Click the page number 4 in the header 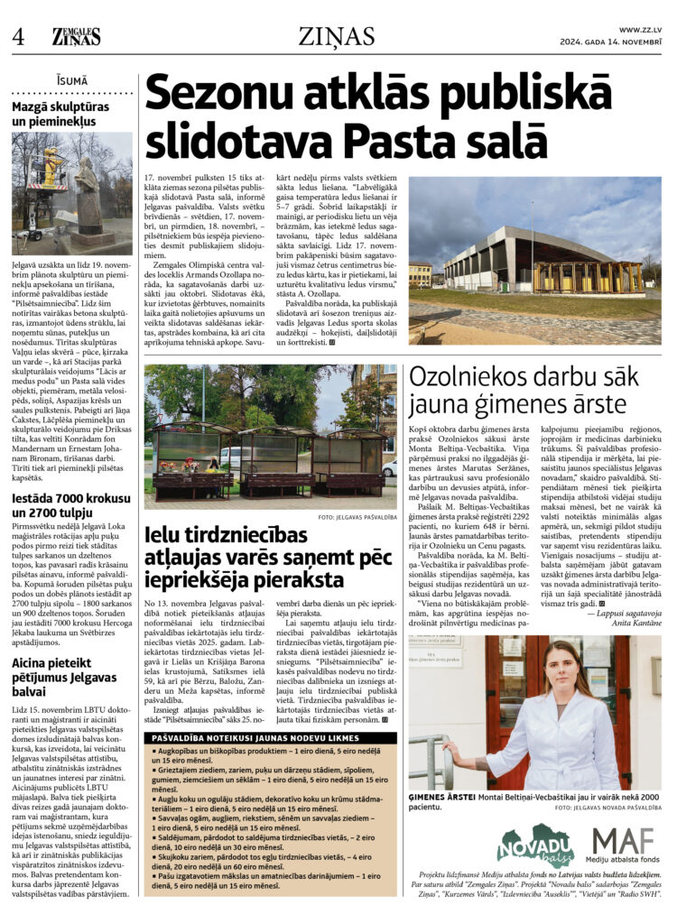click(17, 36)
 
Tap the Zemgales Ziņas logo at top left click(76, 37)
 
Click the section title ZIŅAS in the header click(337, 36)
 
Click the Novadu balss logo click(535, 845)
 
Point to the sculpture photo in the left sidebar click(71, 193)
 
